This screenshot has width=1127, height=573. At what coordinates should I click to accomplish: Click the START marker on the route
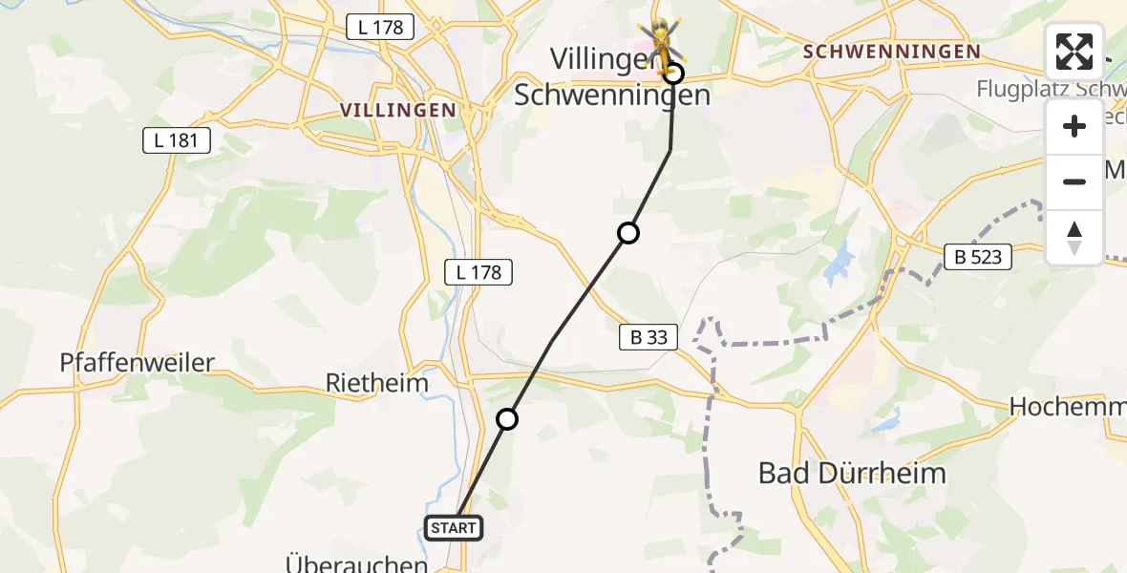tap(453, 527)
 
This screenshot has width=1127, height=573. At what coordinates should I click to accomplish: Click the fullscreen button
tap(1074, 52)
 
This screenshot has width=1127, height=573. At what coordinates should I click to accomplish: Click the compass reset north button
tap(1074, 238)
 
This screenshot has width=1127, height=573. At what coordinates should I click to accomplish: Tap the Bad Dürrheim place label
tap(852, 473)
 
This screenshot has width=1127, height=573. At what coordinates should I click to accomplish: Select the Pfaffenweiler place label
tap(138, 362)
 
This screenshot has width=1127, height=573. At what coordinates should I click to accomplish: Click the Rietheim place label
tap(376, 383)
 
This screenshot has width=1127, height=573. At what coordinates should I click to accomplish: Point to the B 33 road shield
tap(649, 336)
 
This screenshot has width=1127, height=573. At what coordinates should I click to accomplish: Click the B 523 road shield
tap(980, 256)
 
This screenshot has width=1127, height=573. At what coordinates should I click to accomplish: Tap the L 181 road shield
tap(176, 141)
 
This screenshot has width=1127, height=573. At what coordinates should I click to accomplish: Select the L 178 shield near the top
tap(381, 28)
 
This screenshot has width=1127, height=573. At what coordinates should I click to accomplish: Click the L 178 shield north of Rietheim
tap(479, 272)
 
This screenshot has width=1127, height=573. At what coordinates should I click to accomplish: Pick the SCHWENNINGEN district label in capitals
tap(892, 52)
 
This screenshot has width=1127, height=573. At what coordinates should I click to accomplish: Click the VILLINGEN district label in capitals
tap(398, 110)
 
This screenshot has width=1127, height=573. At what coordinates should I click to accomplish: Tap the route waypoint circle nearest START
tap(507, 419)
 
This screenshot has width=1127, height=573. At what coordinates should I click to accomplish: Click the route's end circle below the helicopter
tap(674, 74)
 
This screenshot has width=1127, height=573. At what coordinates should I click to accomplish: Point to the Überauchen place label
tap(357, 563)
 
